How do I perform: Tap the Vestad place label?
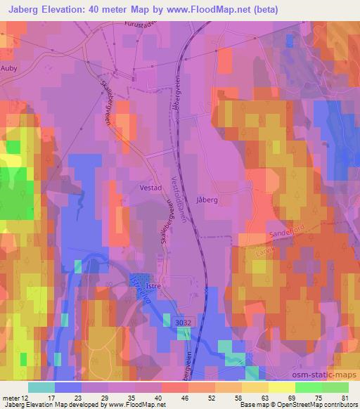point(150,188)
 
